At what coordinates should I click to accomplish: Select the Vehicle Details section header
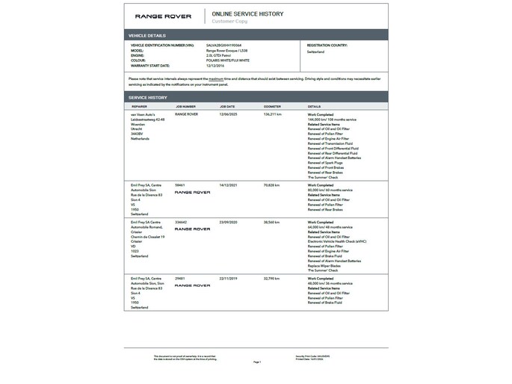click(147, 35)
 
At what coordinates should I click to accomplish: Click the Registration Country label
click(330, 45)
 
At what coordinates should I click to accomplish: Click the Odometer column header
click(273, 106)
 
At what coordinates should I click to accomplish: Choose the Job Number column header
click(185, 106)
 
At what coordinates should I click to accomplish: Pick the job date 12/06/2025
click(228, 114)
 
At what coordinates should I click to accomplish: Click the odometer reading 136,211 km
click(274, 114)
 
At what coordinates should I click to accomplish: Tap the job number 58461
click(179, 183)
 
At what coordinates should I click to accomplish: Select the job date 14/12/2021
click(228, 183)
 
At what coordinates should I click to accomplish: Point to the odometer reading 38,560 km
click(273, 222)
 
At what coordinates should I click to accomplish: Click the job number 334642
click(181, 222)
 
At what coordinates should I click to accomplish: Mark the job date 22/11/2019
click(228, 277)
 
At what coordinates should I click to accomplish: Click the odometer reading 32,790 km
click(273, 277)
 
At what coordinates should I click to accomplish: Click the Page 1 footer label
click(257, 362)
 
